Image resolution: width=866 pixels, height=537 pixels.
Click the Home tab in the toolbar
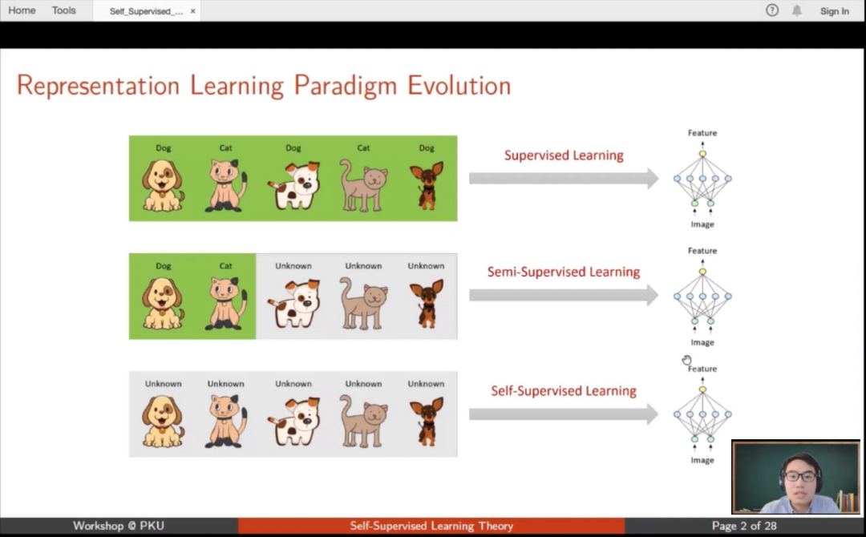pos(22,10)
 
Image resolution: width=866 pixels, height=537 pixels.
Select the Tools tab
pos(63,10)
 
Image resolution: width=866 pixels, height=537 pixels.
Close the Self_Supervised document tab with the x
pos(192,11)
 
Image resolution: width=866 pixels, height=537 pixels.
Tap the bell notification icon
pos(796,10)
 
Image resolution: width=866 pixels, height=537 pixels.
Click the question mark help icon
pos(771,10)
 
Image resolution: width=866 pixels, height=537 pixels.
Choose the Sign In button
pos(834,11)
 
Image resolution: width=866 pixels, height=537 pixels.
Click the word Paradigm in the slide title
pos(345,86)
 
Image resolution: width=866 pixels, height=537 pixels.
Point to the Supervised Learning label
pos(564,155)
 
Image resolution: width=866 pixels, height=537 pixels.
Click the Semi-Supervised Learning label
pos(564,272)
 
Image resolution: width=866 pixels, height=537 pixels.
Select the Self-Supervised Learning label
pos(564,391)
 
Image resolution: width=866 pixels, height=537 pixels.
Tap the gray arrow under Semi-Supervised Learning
pos(564,296)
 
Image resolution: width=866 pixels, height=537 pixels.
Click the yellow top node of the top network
pos(702,154)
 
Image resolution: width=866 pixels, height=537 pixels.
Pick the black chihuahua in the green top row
pos(427,185)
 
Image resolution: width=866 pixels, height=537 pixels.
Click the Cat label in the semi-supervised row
pos(225,266)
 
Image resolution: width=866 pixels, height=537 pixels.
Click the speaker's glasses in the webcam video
pos(801,476)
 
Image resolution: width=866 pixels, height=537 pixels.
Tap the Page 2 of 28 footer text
pos(744,526)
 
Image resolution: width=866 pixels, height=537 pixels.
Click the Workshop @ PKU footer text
pos(118,526)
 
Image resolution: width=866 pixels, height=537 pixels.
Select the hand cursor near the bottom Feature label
pos(686,360)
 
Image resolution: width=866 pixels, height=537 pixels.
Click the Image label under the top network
pos(702,224)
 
